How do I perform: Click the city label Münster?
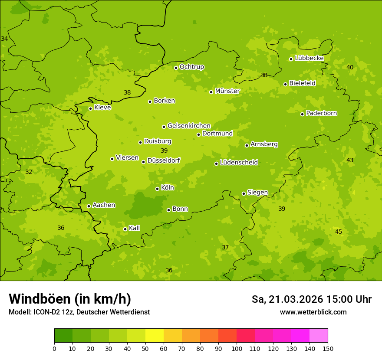click(x=227, y=91)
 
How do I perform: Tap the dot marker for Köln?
click(x=157, y=189)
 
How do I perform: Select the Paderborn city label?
click(x=321, y=113)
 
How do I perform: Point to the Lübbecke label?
click(x=309, y=58)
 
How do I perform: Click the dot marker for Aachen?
click(x=89, y=206)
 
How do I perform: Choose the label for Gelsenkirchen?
click(x=189, y=126)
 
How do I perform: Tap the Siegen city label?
click(x=257, y=193)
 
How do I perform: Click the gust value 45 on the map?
click(x=339, y=232)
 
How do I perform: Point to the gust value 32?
click(x=29, y=172)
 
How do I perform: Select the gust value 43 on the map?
click(x=350, y=160)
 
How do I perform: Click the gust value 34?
click(x=4, y=39)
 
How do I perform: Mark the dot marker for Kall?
click(x=125, y=229)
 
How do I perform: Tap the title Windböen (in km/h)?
click(x=70, y=299)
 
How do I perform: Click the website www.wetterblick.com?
click(x=313, y=312)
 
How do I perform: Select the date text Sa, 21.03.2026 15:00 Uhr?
click(x=311, y=299)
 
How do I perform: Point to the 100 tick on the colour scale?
click(x=237, y=348)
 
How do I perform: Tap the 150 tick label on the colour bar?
click(x=327, y=348)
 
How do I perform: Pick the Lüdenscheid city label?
click(x=239, y=163)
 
